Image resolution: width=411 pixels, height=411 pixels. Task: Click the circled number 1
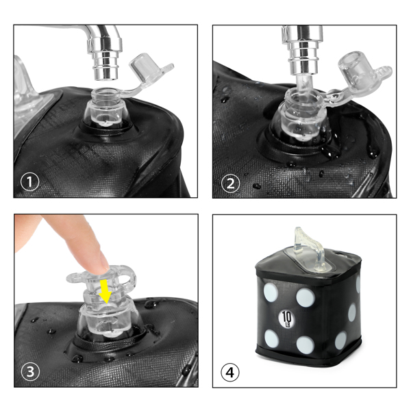29,182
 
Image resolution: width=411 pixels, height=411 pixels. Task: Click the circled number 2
230,183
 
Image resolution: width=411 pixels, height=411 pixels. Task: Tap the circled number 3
30,371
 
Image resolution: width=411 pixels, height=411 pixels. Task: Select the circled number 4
230,372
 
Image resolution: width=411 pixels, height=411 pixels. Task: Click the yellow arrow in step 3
105,291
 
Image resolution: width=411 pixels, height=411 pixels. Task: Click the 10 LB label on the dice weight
286,319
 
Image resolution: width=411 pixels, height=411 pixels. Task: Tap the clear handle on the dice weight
310,249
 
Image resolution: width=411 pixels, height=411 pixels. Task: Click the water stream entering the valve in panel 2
303,83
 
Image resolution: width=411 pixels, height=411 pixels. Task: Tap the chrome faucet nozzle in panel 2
303,50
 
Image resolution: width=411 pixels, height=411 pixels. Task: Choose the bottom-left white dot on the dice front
271,339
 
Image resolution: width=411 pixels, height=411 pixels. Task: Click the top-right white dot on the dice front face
306,298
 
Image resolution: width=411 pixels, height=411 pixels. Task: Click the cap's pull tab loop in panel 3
129,278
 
